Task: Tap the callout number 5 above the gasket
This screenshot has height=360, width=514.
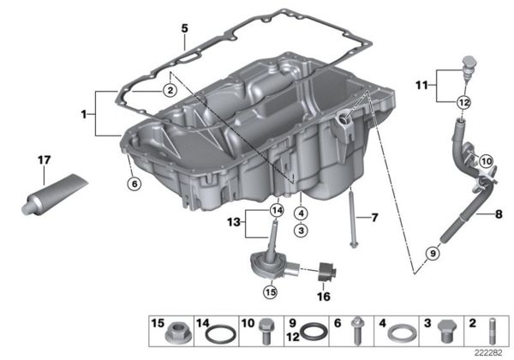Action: (183, 27)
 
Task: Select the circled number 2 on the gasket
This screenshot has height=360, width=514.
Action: (170, 90)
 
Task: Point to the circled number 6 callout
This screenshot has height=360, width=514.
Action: (132, 183)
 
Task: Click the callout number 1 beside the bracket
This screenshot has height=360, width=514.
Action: (83, 113)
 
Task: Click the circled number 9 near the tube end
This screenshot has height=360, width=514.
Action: (433, 253)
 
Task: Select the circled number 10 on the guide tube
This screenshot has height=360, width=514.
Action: (486, 160)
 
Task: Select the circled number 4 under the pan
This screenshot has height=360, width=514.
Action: (300, 213)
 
